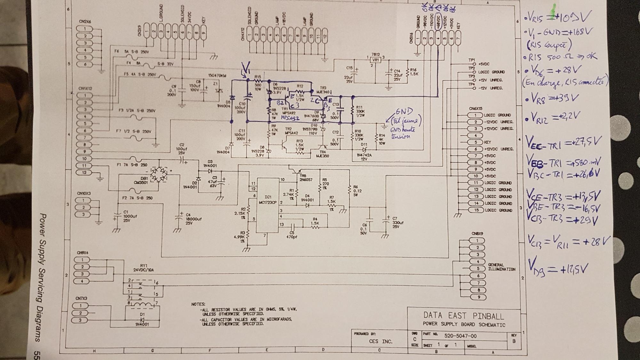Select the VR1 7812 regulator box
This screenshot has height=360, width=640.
376,60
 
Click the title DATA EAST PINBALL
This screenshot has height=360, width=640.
463,316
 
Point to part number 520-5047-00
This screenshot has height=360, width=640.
460,336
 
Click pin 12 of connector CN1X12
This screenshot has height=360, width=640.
84,172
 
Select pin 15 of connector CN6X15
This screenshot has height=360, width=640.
476,210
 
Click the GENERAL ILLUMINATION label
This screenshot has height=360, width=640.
501,267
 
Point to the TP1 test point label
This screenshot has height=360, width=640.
472,60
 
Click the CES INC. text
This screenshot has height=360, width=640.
380,341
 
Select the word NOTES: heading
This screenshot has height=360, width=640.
198,304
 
